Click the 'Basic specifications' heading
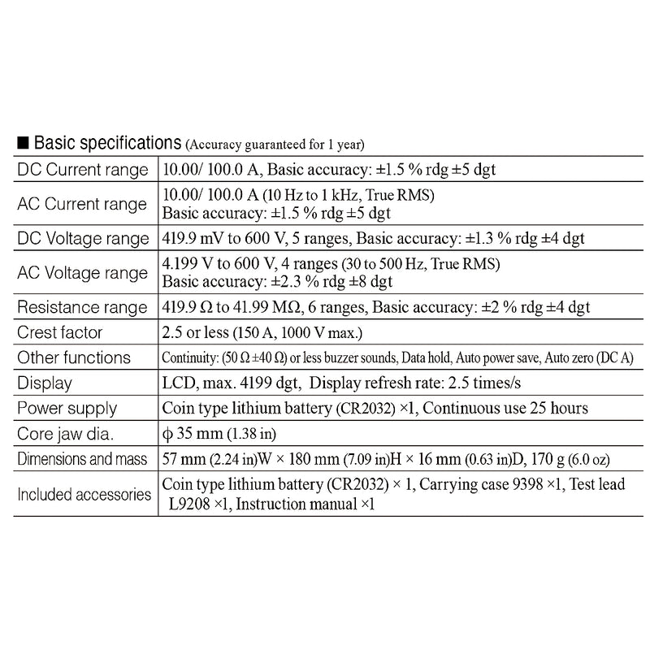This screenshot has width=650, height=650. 106,144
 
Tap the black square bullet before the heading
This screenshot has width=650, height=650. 23,145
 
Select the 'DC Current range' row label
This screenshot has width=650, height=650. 82,170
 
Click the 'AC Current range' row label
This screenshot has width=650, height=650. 82,204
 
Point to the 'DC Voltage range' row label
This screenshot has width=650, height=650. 83,238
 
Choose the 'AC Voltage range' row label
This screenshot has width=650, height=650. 82,272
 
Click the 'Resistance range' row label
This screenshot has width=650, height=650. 83,307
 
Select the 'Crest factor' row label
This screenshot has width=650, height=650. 58,332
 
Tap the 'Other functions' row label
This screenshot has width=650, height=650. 74,357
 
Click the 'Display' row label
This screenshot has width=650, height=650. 45,383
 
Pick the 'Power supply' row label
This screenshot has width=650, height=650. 67,408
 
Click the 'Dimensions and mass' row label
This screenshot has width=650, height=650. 81,458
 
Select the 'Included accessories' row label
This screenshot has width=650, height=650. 84,493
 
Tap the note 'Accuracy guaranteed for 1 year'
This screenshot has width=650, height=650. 275,145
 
